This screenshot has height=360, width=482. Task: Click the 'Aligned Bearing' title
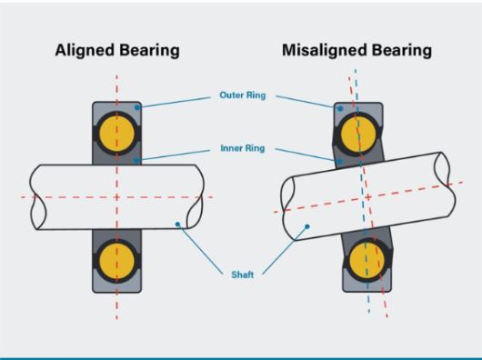coord(117,50)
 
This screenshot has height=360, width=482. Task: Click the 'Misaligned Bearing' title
coord(356,50)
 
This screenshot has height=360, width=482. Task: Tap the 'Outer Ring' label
coord(243,95)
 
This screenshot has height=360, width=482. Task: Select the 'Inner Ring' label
coord(243,148)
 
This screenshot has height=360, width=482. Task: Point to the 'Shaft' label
coord(243,275)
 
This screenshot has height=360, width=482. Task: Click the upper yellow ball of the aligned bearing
coord(117,134)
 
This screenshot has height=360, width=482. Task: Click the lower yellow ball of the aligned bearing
coord(117,262)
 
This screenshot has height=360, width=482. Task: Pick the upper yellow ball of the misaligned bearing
coord(358,135)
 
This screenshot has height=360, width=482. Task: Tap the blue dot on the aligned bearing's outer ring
coord(137,107)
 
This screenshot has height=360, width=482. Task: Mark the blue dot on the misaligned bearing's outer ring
coord(340,108)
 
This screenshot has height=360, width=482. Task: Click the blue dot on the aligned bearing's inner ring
coord(136,160)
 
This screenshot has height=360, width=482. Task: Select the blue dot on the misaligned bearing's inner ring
coord(340,161)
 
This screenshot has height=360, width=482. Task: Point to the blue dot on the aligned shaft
coord(177,225)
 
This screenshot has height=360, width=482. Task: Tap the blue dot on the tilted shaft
coord(307,226)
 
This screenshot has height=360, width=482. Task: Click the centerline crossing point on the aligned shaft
coord(116,197)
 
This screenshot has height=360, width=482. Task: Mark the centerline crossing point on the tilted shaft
coord(368,197)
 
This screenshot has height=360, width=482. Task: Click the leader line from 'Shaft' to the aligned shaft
coord(200,249)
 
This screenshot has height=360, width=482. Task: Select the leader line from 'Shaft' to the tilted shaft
coord(285,250)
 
